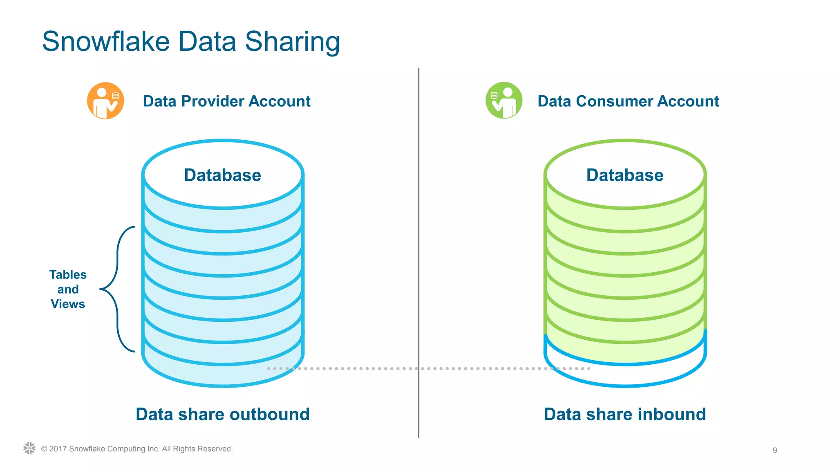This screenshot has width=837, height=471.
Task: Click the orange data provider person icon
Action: pyautogui.click(x=105, y=101)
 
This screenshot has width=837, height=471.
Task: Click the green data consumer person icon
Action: pyautogui.click(x=504, y=101)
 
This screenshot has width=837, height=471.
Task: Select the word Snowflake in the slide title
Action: pyautogui.click(x=106, y=42)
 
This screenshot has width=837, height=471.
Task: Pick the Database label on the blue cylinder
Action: pyautogui.click(x=222, y=175)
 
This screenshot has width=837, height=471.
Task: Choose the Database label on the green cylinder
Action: pyautogui.click(x=624, y=175)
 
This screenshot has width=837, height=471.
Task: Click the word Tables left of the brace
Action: pyautogui.click(x=68, y=275)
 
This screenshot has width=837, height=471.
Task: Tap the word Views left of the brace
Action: pyautogui.click(x=68, y=304)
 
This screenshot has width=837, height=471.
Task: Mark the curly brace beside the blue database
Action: pyautogui.click(x=117, y=289)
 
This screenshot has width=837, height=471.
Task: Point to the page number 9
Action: pyautogui.click(x=774, y=450)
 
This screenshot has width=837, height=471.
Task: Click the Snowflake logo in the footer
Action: pyautogui.click(x=29, y=448)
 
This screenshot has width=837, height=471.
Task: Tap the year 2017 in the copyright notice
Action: pyautogui.click(x=58, y=449)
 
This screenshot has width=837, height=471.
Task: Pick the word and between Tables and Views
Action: pyautogui.click(x=68, y=289)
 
